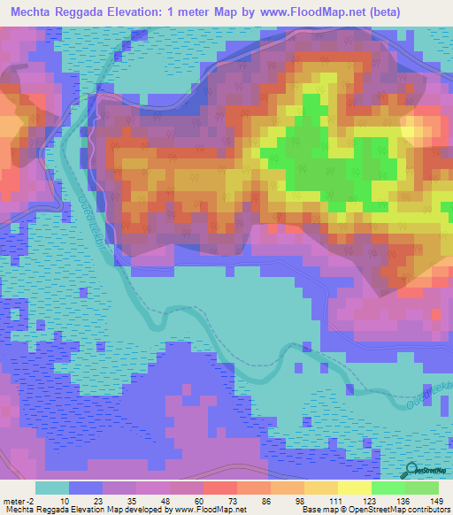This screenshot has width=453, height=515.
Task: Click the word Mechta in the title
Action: click(x=37, y=12)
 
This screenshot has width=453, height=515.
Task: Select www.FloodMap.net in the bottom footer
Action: click(x=204, y=510)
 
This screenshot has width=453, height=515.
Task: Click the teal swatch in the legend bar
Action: click(x=52, y=488)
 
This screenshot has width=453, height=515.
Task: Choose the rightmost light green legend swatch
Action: click(x=423, y=488)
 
